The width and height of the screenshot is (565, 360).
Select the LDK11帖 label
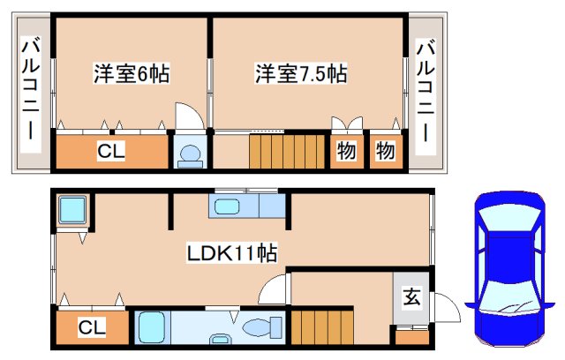pos(231,254)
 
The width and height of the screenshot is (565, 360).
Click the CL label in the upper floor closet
pos(111,152)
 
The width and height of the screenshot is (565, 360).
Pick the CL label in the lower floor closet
pos(92,329)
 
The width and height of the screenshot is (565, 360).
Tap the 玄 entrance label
pos(411,297)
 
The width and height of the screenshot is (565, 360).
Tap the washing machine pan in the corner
pos(71,212)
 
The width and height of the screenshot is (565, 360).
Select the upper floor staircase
pos(287,151)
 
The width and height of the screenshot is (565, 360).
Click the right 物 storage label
pos(386,151)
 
